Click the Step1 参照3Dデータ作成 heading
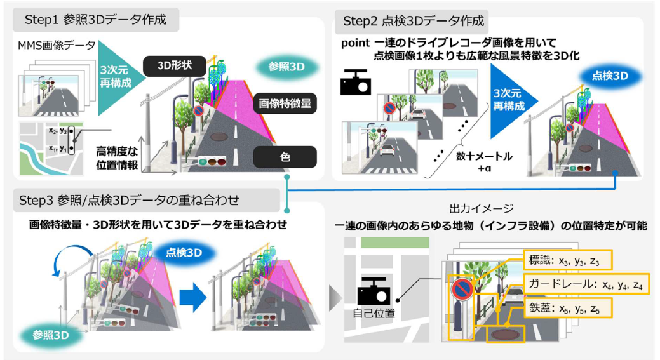[x=95, y=20]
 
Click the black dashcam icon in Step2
[x=356, y=83]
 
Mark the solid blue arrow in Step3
[x=191, y=296]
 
